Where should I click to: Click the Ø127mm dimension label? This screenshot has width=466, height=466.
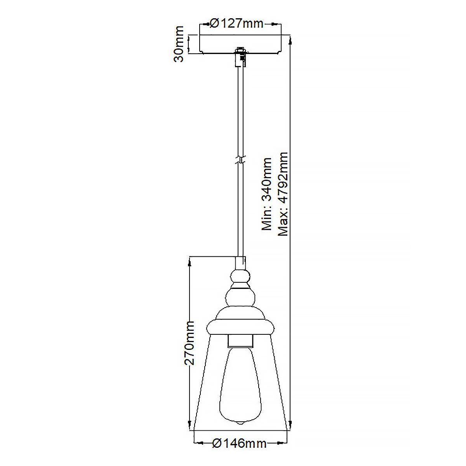tap(236, 24)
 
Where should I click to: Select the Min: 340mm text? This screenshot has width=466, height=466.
tap(267, 194)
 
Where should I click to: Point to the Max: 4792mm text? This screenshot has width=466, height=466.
tap(283, 194)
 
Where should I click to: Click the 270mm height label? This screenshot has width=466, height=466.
tap(189, 343)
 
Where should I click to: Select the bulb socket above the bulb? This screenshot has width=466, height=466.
tap(240, 341)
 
